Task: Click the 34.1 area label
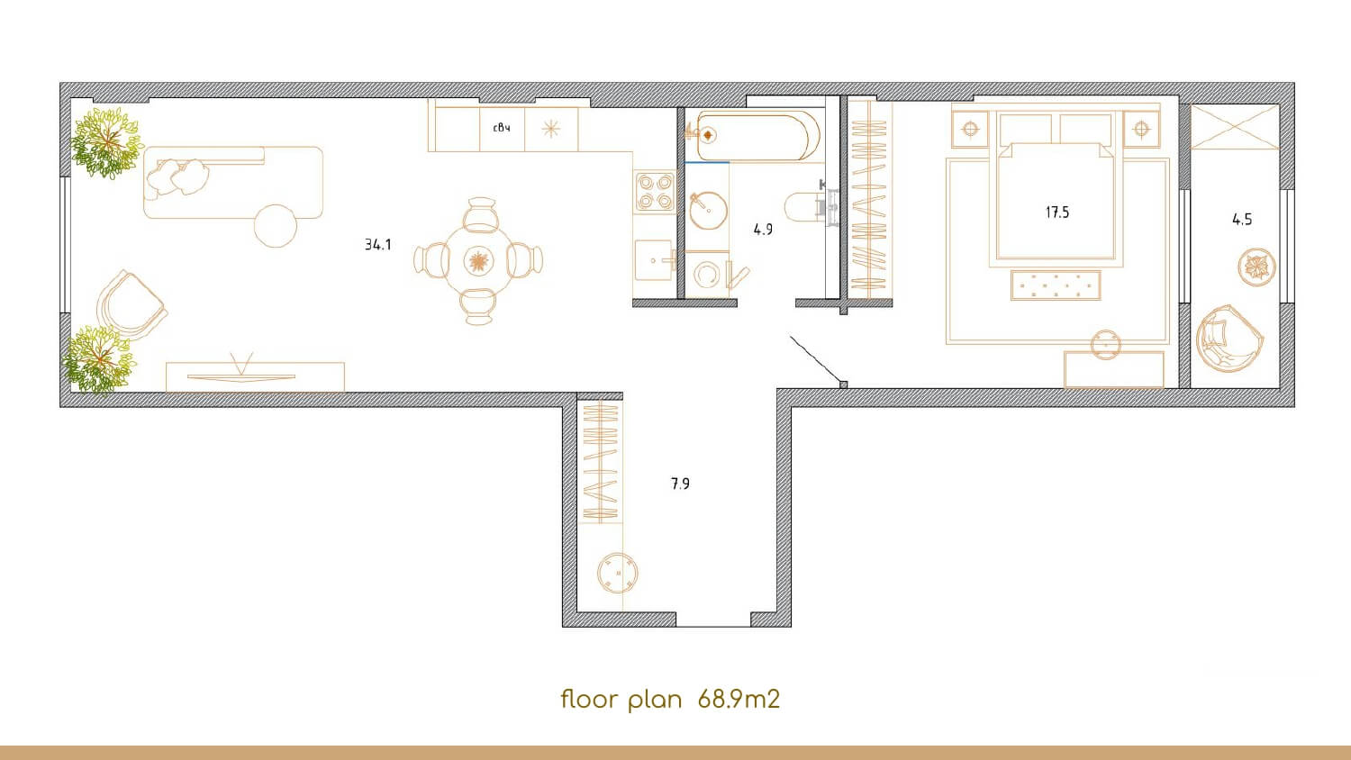[x=377, y=244]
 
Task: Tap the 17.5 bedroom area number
[x=1056, y=213]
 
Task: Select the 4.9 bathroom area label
[x=763, y=230]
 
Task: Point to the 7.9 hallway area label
[x=680, y=484]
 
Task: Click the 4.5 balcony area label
[x=1242, y=219]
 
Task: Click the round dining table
[x=479, y=261]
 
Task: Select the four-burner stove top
[x=655, y=191]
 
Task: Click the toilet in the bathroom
[x=808, y=207]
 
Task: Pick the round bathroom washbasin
[x=708, y=211]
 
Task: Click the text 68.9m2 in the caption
[x=739, y=700]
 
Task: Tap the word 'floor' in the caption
[x=590, y=700]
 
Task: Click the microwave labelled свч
[x=502, y=129]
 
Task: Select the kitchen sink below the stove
[x=655, y=260]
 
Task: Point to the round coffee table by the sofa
[x=276, y=226]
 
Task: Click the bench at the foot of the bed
[x=1056, y=285]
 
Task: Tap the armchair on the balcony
[x=1229, y=337]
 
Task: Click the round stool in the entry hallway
[x=618, y=573]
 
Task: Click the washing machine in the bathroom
[x=707, y=275]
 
